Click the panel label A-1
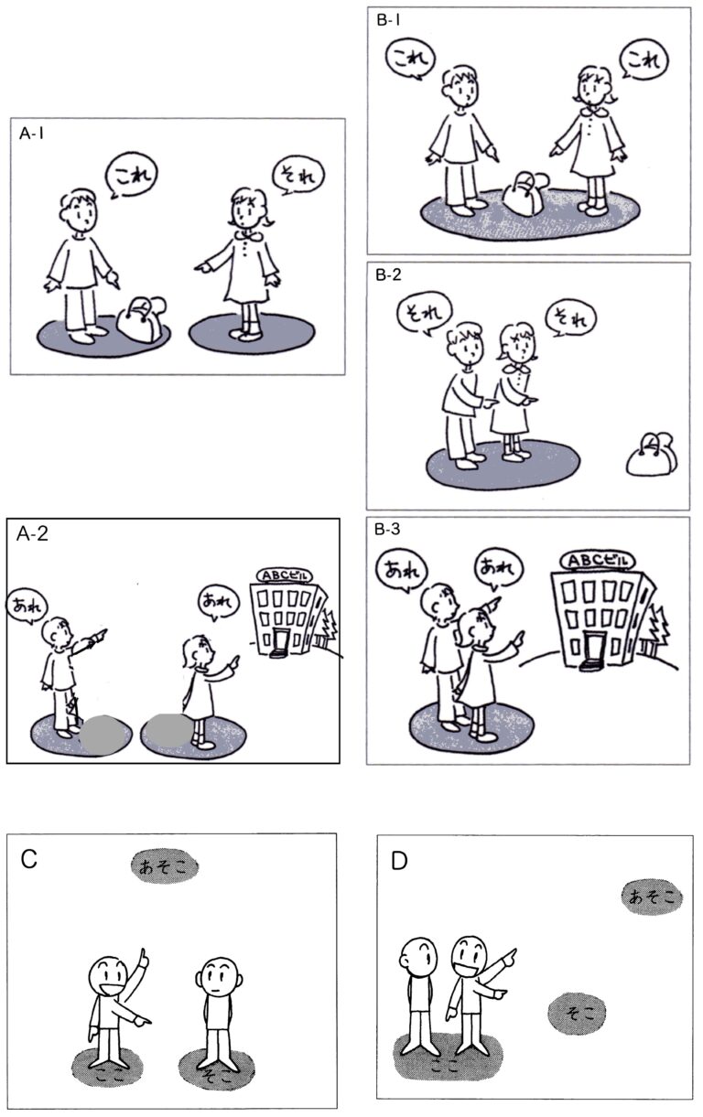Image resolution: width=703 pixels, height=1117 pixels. (x=31, y=134)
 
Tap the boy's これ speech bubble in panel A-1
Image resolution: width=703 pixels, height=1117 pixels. (x=131, y=175)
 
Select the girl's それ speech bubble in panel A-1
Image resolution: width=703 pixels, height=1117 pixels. (x=298, y=175)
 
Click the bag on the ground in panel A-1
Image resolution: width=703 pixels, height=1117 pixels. (x=142, y=319)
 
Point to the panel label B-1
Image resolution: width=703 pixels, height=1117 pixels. (x=388, y=20)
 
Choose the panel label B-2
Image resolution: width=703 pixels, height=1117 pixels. (x=389, y=274)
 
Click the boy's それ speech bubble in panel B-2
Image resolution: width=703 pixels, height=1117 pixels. (x=424, y=313)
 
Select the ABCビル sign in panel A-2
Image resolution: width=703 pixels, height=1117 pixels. (x=285, y=575)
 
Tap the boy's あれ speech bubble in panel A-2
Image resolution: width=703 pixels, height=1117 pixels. (x=27, y=607)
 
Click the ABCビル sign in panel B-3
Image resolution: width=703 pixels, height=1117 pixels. (x=597, y=561)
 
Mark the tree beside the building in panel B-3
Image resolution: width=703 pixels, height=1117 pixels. (x=658, y=633)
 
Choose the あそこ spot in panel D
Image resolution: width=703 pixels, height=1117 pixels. (x=652, y=897)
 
